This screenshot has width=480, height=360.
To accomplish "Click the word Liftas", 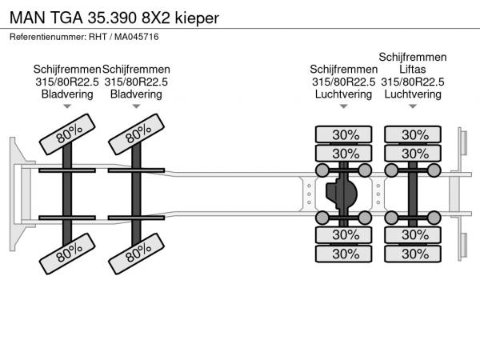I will (x=413, y=70).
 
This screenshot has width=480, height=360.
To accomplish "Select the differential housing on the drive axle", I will (x=344, y=193).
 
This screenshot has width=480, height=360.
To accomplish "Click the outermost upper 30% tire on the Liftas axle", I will (x=414, y=134).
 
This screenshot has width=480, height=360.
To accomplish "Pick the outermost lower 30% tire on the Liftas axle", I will (x=414, y=254).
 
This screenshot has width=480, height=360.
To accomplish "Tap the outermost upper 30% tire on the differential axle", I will (x=345, y=134).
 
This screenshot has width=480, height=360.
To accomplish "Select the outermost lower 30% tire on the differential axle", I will (x=345, y=254).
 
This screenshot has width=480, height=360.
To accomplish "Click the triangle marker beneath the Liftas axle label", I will (x=413, y=106).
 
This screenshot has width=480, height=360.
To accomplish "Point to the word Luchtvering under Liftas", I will (x=413, y=94).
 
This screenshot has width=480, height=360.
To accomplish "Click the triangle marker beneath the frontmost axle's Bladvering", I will (x=67, y=106).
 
